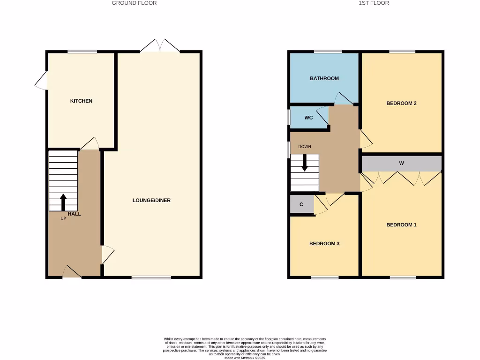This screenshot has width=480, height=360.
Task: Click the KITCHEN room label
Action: (x=81, y=101)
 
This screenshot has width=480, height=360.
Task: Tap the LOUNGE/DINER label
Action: (x=151, y=201)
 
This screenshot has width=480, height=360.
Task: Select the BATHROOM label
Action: (x=324, y=79)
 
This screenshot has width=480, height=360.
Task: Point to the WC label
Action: (x=308, y=118)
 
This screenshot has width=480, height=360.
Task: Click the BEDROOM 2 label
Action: (x=401, y=104)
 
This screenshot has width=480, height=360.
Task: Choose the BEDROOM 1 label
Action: (x=401, y=225)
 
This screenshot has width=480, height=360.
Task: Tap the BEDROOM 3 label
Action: (x=324, y=244)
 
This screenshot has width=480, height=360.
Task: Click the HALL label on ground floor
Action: (x=74, y=214)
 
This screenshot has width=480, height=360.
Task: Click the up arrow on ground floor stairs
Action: (x=63, y=202)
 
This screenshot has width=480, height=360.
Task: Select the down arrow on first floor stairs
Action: (x=304, y=163)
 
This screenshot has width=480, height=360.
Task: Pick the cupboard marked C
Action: (x=301, y=205)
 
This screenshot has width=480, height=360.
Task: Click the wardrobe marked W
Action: (x=401, y=164)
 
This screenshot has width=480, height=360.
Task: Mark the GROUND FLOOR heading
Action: (x=134, y=3)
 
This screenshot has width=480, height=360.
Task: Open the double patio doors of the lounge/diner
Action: (x=160, y=46)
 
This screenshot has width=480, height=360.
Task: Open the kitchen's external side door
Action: (x=42, y=80)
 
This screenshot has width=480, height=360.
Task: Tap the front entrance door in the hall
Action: (x=71, y=272)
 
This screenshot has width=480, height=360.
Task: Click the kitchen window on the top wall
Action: (x=82, y=52)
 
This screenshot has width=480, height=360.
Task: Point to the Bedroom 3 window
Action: (x=324, y=277)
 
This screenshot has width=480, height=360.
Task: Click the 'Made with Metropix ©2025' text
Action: (x=245, y=358)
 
